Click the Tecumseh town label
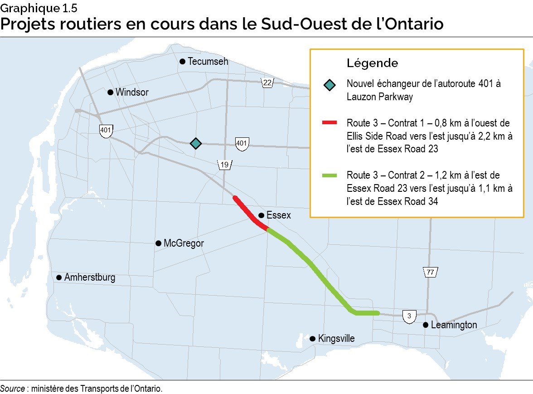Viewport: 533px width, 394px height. (x=208, y=61)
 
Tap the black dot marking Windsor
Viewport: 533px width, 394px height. (x=110, y=92)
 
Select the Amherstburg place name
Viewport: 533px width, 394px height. (x=90, y=277)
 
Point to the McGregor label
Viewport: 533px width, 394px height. (x=184, y=243)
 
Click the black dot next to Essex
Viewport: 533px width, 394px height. (x=261, y=216)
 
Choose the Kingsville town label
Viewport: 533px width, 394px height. (x=336, y=339)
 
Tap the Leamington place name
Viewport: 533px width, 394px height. (x=454, y=325)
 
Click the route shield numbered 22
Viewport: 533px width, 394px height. (x=267, y=83)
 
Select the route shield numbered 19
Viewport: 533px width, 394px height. (x=225, y=165)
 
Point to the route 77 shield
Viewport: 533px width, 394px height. (x=431, y=272)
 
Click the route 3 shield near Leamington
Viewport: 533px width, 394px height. (x=409, y=316)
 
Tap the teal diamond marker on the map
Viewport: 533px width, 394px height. (x=195, y=143)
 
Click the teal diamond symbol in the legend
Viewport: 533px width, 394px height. (x=330, y=85)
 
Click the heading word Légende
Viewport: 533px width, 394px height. (x=372, y=63)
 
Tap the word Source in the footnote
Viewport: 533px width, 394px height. (x=12, y=389)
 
